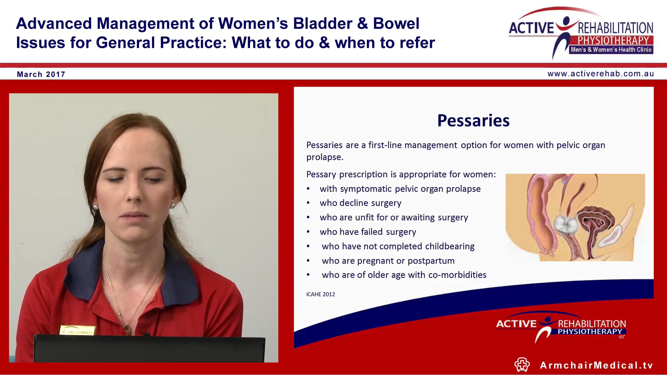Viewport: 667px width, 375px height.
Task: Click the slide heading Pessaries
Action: pos(473,120)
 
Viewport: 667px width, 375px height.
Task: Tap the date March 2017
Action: pos(41,74)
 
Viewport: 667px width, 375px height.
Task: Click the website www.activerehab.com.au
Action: pos(601,74)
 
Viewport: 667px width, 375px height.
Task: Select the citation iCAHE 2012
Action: pos(320,294)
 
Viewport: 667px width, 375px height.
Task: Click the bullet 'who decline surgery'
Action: pos(360,203)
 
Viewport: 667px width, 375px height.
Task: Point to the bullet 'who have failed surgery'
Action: pos(368,232)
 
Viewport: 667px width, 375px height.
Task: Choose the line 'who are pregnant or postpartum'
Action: pos(388,261)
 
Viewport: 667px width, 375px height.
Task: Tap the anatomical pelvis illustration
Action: pos(575,217)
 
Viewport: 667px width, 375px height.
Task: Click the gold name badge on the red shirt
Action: pos(78,330)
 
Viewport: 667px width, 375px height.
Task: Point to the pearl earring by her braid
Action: pos(95,207)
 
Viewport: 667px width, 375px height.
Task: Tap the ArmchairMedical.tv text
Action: pos(596,365)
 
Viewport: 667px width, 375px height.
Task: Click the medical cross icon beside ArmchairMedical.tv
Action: pos(522,365)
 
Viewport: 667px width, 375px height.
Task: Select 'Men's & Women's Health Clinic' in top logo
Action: pos(611,50)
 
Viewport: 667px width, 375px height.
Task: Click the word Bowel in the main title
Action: pos(396,24)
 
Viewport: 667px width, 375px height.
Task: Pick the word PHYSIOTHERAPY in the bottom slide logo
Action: pos(590,332)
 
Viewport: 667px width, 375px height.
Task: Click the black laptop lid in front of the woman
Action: pos(149,349)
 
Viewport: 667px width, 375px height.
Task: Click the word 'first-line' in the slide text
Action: pos(385,145)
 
